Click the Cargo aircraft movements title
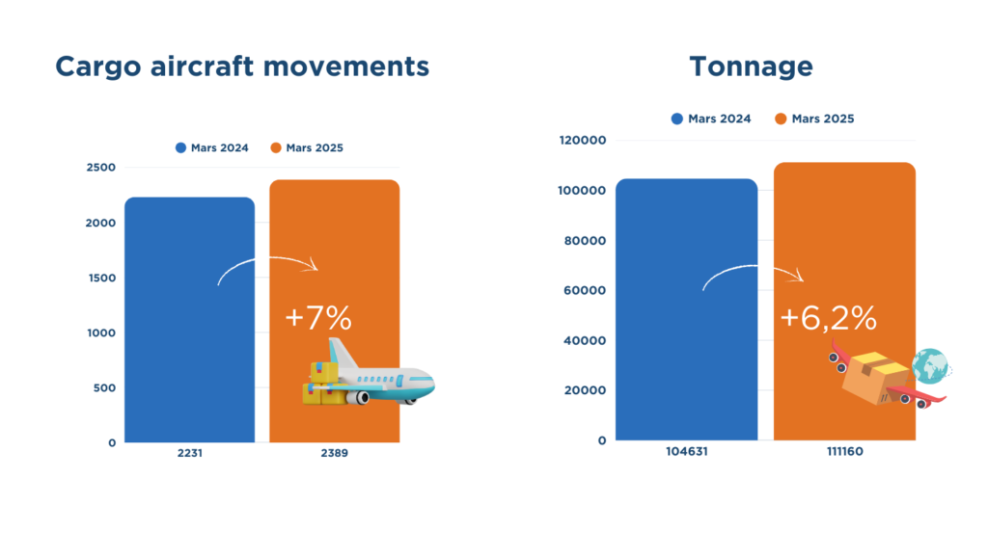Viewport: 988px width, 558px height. click(242, 66)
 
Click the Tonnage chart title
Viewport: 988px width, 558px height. click(751, 66)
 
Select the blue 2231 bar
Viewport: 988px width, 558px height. click(190, 320)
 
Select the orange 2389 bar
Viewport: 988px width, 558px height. click(335, 310)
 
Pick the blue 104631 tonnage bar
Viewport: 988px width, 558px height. click(687, 309)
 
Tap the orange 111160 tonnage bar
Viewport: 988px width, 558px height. click(845, 302)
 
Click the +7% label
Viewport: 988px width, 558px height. click(318, 318)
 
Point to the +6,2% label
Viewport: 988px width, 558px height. click(828, 318)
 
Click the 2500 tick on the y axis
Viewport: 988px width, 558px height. click(100, 168)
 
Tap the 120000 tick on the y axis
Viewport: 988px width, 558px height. click(583, 141)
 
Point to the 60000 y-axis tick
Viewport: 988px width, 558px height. click(585, 291)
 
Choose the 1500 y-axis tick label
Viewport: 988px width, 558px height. click(102, 279)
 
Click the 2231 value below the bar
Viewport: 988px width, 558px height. click(190, 453)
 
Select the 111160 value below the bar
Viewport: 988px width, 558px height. click(845, 452)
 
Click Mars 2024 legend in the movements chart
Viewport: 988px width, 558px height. click(211, 147)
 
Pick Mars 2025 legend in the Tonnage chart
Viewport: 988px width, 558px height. click(814, 119)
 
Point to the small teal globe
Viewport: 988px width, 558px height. click(930, 365)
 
